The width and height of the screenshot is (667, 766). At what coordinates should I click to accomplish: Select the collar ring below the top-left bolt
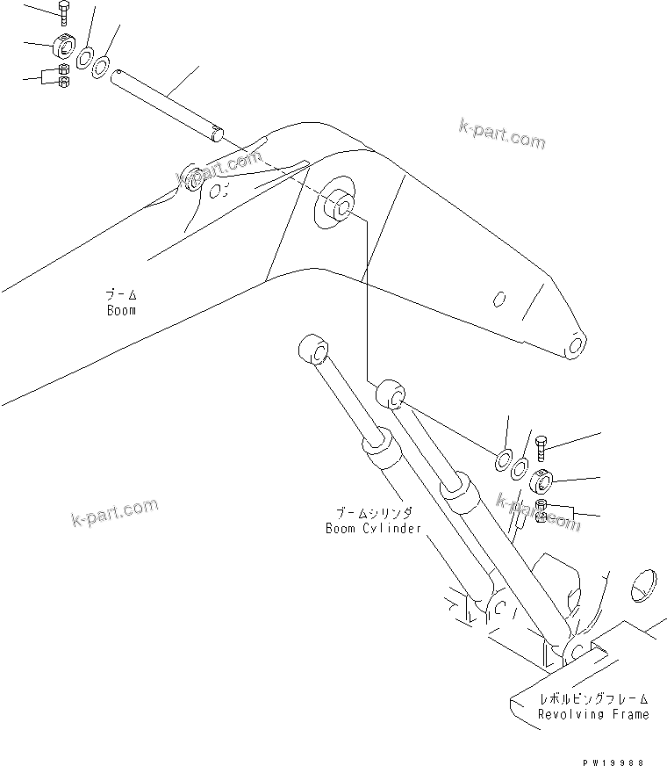click(x=65, y=44)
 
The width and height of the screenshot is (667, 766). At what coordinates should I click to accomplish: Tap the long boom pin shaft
click(x=167, y=105)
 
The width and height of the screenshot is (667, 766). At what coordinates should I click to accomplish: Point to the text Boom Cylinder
click(x=373, y=530)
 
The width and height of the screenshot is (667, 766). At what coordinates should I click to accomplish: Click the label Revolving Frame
click(x=593, y=714)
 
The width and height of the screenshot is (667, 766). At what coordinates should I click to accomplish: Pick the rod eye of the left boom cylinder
click(x=312, y=348)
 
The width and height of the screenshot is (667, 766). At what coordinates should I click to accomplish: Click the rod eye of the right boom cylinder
click(x=391, y=394)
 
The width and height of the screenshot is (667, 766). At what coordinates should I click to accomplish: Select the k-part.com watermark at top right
click(x=501, y=135)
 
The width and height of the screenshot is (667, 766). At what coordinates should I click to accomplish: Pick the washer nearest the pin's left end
click(x=102, y=66)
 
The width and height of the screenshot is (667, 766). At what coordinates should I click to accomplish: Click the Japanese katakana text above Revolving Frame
click(x=593, y=699)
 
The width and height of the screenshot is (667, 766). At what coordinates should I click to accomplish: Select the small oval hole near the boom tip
click(x=498, y=300)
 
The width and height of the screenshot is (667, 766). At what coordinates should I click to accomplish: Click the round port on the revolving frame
click(x=645, y=584)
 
